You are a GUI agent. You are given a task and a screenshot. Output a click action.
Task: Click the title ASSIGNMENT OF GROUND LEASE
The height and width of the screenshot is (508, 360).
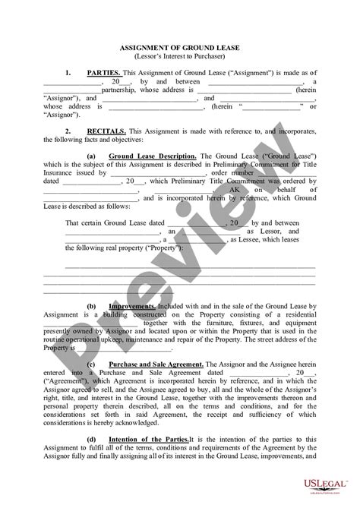pyautogui.click(x=179, y=48)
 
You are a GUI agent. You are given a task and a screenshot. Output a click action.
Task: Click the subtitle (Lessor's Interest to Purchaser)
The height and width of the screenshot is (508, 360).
pyautogui.click(x=179, y=56)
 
